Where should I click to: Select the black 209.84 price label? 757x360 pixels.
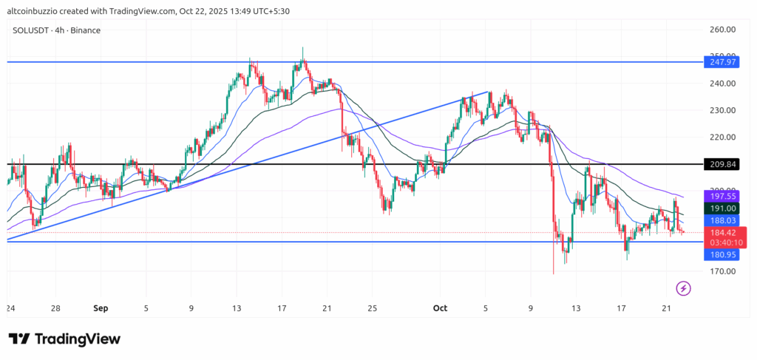point(722,164)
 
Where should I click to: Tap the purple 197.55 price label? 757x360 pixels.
point(722,197)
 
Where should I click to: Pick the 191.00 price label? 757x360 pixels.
point(722,209)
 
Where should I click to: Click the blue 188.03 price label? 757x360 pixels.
point(722,220)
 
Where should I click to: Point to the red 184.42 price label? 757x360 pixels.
point(722,233)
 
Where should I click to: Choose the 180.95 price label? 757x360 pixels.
point(722,255)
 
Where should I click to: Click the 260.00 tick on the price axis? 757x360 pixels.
point(722,30)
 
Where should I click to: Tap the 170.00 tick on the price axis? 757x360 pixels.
point(722,271)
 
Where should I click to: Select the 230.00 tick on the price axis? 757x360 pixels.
point(722,110)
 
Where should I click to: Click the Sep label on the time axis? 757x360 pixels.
point(102,308)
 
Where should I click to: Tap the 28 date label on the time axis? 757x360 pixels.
point(56,308)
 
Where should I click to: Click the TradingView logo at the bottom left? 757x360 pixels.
point(64,339)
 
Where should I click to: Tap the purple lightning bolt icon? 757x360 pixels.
point(684,288)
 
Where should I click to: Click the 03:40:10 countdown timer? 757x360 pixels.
point(722,242)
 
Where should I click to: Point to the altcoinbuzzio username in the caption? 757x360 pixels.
point(30,9)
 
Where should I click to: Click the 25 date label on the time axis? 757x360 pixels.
point(373,308)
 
